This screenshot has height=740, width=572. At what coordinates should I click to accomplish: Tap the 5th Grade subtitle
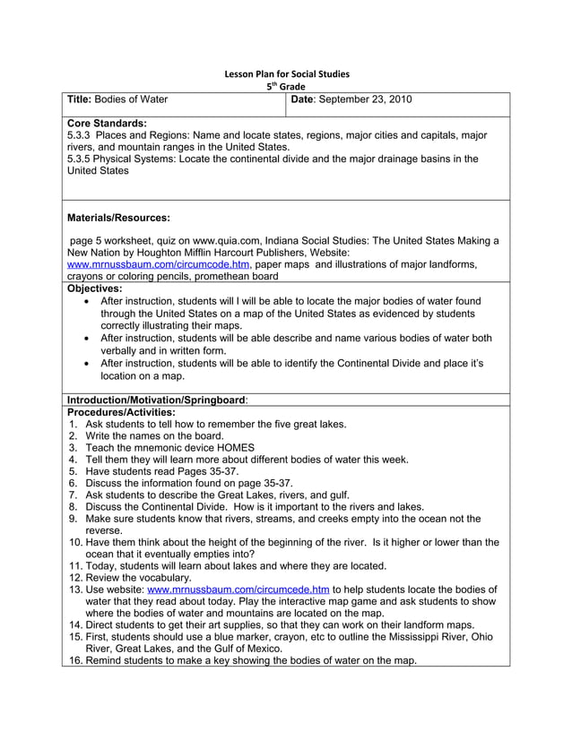286,86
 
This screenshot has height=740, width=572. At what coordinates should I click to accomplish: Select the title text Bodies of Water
134,99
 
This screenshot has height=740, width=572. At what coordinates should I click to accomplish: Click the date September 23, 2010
366,99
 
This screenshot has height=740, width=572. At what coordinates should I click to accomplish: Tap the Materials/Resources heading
119,217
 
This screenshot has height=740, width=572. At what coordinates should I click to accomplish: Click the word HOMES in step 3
234,447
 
